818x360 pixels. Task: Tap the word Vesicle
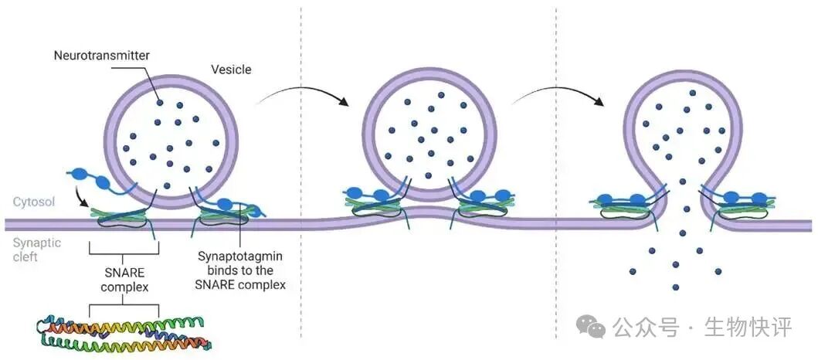(231, 70)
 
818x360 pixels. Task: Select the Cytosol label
(32, 202)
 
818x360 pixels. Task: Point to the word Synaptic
(33, 241)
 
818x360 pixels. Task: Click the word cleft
(25, 256)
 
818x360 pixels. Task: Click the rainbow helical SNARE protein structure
(124, 333)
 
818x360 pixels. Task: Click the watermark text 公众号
(646, 327)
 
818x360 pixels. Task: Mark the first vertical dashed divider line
(300, 178)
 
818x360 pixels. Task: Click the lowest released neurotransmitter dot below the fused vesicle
(675, 287)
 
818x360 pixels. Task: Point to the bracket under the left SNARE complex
(124, 248)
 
